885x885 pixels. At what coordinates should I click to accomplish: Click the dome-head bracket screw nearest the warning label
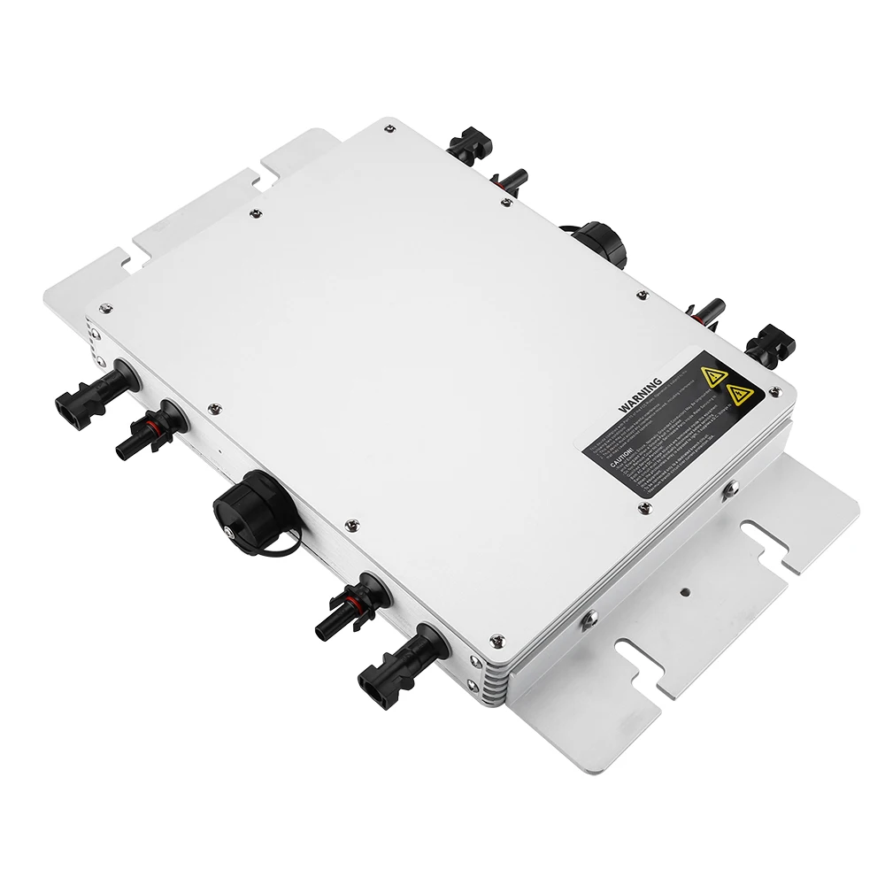[x=731, y=485]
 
